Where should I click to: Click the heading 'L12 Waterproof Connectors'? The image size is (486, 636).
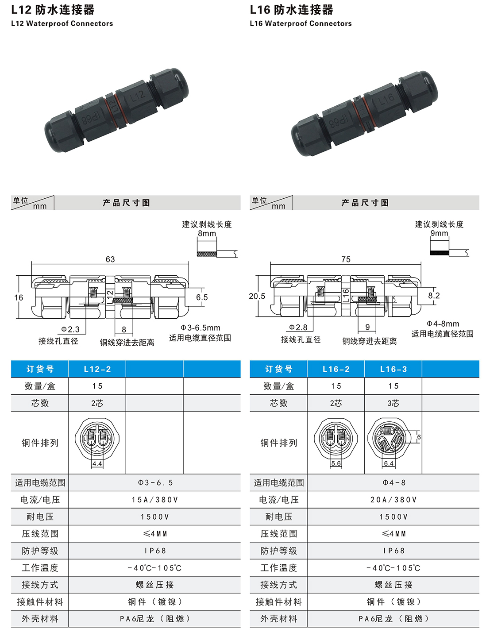pos(62,23)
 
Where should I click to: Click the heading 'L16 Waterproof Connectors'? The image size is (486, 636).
pos(301,23)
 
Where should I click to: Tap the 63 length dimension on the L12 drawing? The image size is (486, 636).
pos(110,259)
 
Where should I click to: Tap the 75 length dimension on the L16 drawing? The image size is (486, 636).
pos(346,259)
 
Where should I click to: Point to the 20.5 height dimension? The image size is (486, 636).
pos(257,296)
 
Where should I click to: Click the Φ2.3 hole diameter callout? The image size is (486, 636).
pos(70,329)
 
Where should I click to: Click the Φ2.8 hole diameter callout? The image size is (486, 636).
pos(298,328)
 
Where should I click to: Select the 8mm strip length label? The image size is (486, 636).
pos(207,233)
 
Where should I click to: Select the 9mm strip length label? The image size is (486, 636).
pos(439,233)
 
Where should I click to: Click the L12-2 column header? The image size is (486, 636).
pos(97,369)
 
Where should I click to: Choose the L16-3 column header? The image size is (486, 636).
pos(393,369)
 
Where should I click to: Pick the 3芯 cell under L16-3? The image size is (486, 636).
pos(393,403)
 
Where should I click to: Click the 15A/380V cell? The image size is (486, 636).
pos(154,500)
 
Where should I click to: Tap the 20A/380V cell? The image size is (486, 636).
pos(393,500)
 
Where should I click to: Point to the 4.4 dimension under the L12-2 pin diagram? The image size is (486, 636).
pos(97,464)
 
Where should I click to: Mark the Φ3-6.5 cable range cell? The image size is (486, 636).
pos(154,482)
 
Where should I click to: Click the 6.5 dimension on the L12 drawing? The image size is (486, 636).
pos(202,297)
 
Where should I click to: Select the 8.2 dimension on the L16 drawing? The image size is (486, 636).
pos(434,296)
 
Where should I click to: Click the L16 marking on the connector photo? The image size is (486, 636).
pos(386,100)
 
